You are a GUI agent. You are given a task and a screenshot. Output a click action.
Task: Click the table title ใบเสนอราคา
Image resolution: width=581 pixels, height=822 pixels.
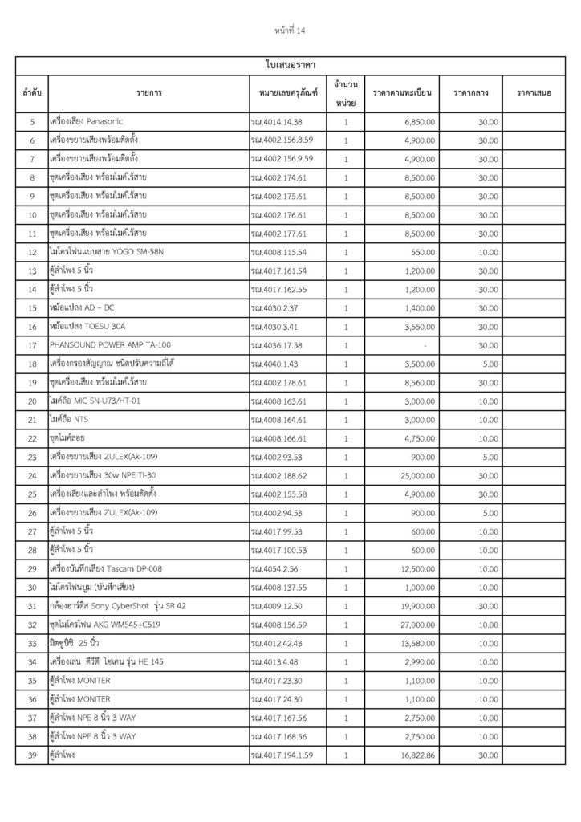click(290, 63)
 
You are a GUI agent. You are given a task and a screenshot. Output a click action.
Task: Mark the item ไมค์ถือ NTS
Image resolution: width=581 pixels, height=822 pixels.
click(69, 419)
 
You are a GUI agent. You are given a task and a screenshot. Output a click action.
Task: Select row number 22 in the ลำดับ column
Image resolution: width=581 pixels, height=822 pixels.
click(32, 437)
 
